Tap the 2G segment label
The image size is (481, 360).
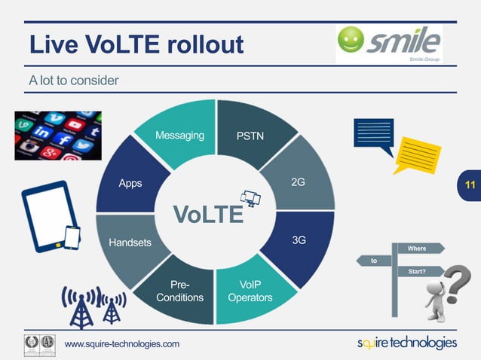(298, 183)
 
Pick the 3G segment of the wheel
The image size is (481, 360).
(299, 240)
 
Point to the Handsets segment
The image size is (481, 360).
(130, 243)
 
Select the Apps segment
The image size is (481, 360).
(130, 183)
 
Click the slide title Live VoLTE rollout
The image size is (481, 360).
(136, 44)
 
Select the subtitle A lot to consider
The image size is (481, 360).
(74, 80)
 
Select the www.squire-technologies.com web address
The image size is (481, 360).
(122, 344)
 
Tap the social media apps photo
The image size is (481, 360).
(58, 136)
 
